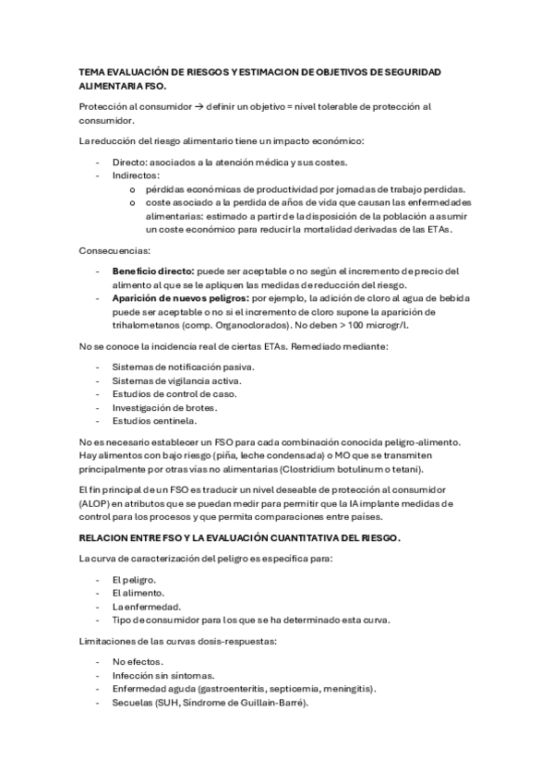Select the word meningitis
347,689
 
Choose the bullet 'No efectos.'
138,662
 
